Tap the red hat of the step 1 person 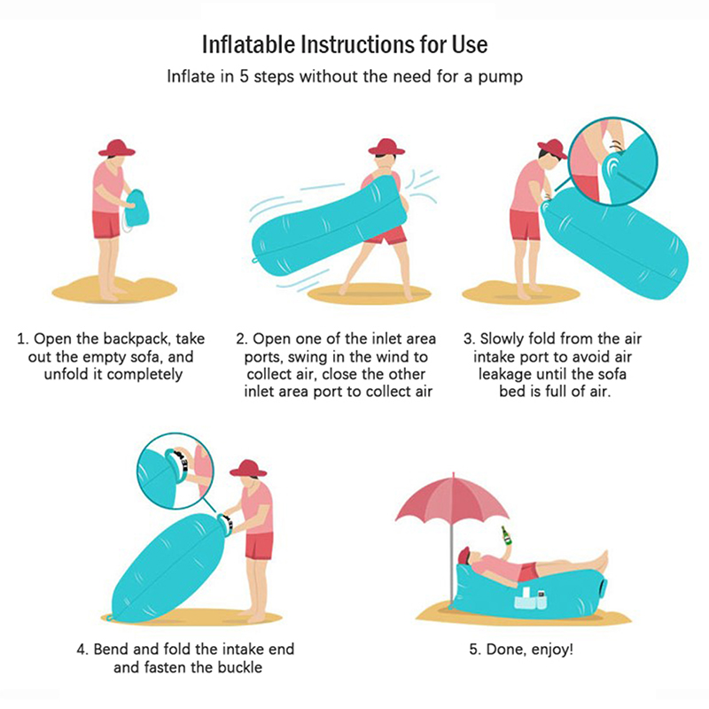(x=117, y=148)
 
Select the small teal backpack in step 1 (x=136, y=208)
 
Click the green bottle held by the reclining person (x=506, y=536)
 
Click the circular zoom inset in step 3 (x=612, y=162)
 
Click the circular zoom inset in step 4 (x=175, y=471)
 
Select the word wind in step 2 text (x=393, y=357)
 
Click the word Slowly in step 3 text (x=502, y=339)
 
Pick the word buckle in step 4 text (x=239, y=667)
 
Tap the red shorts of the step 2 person (x=386, y=234)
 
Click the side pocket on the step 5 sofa (x=530, y=599)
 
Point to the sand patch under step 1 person (x=114, y=291)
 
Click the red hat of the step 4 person (x=248, y=469)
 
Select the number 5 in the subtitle (x=244, y=76)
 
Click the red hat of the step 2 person (x=386, y=147)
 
